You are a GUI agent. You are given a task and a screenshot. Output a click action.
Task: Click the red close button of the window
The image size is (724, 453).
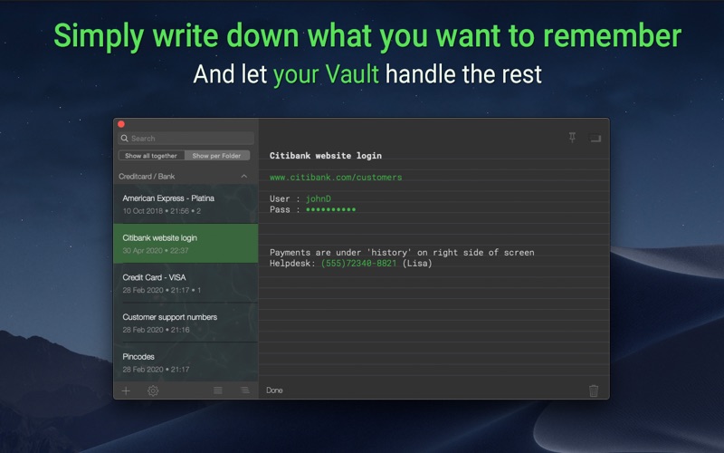121,124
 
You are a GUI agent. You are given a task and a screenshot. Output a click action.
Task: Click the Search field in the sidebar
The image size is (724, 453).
186,139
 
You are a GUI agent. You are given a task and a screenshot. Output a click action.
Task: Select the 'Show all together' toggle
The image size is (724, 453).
151,156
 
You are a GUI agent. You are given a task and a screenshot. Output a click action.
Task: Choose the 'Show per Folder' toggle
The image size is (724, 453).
216,156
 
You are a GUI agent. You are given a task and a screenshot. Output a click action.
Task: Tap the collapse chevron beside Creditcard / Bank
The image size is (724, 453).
243,176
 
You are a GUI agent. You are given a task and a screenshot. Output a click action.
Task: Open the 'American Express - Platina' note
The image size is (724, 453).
186,205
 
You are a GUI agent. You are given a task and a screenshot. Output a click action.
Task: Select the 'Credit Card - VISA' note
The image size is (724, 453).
186,284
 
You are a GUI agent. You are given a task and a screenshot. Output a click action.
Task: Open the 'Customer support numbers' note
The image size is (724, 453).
186,323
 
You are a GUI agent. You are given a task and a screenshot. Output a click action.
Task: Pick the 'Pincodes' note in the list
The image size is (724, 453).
186,362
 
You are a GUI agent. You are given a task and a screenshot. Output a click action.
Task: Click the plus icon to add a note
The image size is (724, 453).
126,390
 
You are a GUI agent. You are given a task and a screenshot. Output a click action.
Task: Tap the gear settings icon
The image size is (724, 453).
153,390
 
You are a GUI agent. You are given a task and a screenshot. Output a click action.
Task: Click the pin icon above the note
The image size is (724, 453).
572,138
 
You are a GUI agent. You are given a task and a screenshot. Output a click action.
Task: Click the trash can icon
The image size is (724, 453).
594,390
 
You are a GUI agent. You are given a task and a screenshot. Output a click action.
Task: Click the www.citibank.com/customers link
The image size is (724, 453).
336,177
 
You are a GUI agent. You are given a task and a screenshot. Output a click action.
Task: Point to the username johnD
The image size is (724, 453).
319,198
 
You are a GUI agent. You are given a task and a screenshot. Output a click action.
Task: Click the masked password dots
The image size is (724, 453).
330,210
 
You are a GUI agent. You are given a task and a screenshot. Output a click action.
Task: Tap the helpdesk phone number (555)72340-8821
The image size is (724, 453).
358,264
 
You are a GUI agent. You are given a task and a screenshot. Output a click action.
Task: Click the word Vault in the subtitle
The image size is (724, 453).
352,74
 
